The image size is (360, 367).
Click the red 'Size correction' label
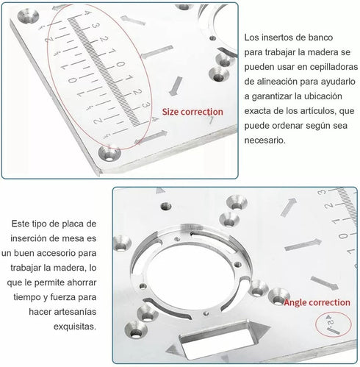click(192, 112)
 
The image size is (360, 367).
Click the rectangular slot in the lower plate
click(214, 345)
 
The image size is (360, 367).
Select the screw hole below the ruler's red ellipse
click(111, 154)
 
